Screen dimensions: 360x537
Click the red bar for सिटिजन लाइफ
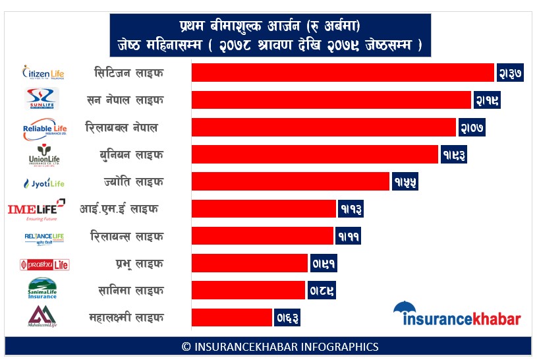coord(343,73)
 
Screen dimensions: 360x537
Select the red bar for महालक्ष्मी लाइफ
coord(232,317)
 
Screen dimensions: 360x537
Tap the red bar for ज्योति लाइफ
coord(291,181)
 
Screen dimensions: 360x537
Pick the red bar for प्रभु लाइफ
coord(250,263)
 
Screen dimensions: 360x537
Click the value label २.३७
coord(510,73)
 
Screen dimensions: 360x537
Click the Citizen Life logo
coord(44,72)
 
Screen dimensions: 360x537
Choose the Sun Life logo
coord(42,99)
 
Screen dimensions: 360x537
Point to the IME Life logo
coord(36,209)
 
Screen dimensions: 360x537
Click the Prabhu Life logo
coord(44,264)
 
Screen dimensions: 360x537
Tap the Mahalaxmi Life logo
coord(42,316)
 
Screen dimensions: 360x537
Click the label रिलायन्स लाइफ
coord(127,236)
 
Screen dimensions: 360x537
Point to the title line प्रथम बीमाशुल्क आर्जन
coord(269,26)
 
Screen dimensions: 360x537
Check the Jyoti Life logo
coord(43,183)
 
